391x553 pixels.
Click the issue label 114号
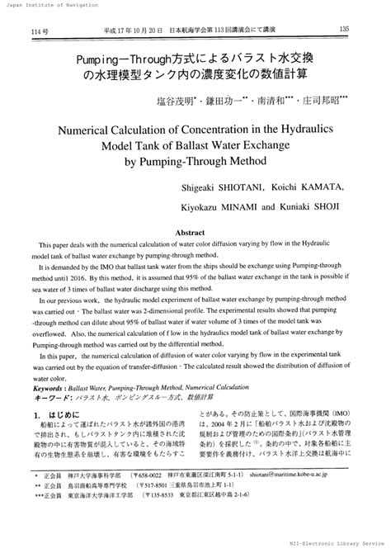coord(40,31)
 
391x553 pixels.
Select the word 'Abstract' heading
coord(195,234)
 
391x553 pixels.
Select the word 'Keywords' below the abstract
coord(54,386)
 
